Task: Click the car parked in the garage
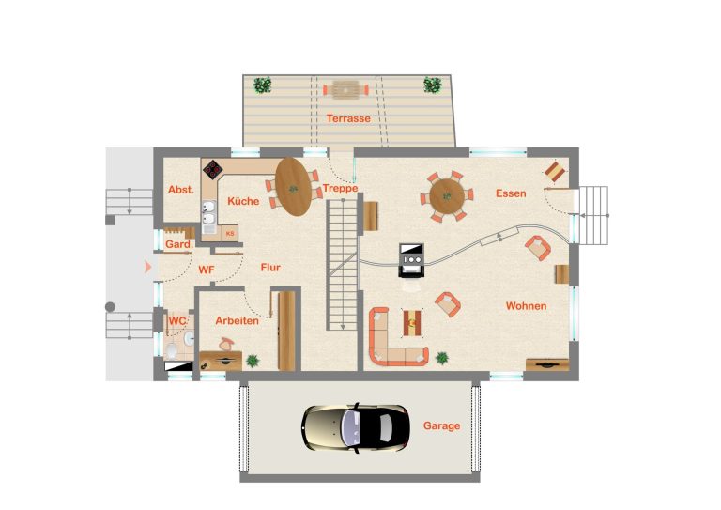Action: (356, 428)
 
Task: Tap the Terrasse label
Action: (348, 118)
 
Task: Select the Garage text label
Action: (441, 425)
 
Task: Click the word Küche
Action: (243, 201)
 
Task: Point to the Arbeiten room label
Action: (237, 320)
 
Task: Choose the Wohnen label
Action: (526, 306)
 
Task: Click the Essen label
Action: (511, 193)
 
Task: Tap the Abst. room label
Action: (180, 190)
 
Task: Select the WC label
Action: (177, 320)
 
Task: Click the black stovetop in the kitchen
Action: (213, 169)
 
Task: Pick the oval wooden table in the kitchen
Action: (293, 187)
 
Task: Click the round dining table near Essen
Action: (447, 196)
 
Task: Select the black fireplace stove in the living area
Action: (410, 260)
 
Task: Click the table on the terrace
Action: (345, 89)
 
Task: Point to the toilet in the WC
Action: (172, 350)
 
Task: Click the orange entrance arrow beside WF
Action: (147, 267)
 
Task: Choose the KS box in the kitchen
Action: (230, 234)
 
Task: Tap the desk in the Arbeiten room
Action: (221, 361)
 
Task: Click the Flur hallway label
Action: (270, 267)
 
